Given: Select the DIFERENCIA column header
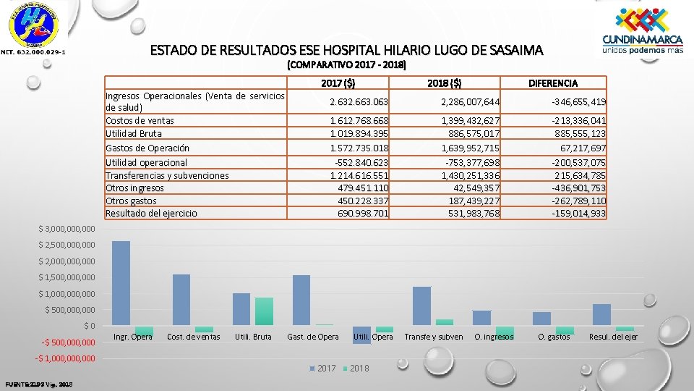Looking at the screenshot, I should click(x=553, y=83).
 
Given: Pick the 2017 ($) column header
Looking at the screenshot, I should click(x=338, y=83).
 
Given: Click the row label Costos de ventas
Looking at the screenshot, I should click(x=140, y=120).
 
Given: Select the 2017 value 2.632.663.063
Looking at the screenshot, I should click(x=359, y=101).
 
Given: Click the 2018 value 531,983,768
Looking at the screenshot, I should click(x=471, y=213).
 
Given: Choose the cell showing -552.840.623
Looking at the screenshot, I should click(x=359, y=162).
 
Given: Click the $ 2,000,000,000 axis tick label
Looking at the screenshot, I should click(x=67, y=261).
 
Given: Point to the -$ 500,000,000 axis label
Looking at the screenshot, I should click(x=65, y=342).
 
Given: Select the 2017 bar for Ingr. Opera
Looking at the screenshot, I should click(x=121, y=283).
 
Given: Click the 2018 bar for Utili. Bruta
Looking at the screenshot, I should click(x=264, y=311).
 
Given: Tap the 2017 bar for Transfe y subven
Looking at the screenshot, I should click(x=421, y=306).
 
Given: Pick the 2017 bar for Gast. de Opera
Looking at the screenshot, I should click(x=301, y=300).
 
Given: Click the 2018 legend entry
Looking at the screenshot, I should click(x=354, y=369).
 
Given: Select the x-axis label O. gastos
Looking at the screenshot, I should click(x=554, y=337).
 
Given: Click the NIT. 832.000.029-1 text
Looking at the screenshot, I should click(x=33, y=52).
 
